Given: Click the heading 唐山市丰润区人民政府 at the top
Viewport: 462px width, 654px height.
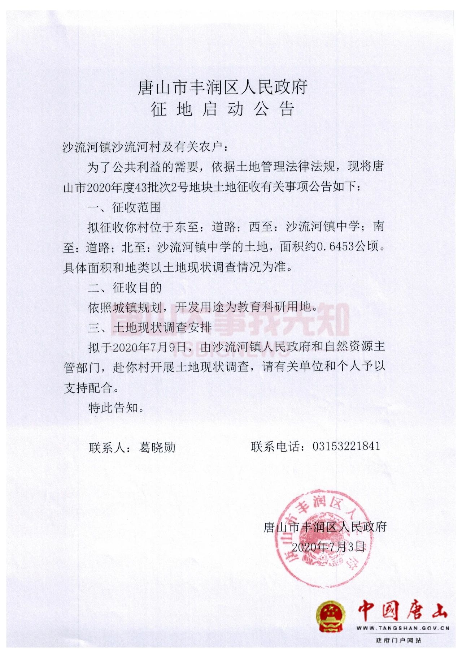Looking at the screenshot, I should pos(222,88).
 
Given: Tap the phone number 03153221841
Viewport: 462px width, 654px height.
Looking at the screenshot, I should pos(346,446).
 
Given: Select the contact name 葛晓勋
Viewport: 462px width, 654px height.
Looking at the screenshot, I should pos(157,448).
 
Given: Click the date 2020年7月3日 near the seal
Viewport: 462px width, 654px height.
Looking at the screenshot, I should pos(328,547).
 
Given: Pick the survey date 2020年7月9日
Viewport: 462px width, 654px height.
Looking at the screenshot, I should pos(149,347).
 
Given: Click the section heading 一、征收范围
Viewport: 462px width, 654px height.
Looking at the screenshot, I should pos(125,207).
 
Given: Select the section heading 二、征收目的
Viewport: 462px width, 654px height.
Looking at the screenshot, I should pos(125,288).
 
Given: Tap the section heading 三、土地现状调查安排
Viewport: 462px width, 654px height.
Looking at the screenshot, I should pos(149,327).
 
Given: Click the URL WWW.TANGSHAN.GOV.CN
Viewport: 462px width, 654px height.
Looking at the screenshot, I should pos(403,628).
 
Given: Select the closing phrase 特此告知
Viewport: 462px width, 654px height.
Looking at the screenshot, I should pos(116,408).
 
